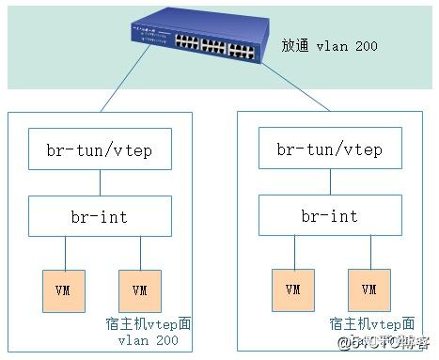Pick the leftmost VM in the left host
(x=64, y=289)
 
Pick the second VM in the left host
(x=140, y=289)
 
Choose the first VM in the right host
(x=292, y=289)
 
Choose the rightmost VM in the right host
(x=368, y=289)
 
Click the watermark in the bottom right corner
(x=390, y=340)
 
